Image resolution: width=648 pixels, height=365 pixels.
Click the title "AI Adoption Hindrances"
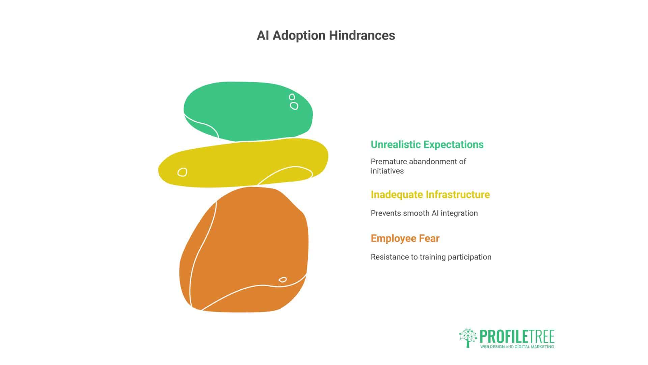(x=326, y=35)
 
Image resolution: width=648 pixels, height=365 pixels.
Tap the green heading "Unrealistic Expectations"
(x=427, y=145)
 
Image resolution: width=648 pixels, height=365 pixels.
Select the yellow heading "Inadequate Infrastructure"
(x=430, y=195)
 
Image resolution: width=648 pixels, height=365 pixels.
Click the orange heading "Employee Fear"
(x=405, y=239)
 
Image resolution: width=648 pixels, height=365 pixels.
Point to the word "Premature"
(x=387, y=162)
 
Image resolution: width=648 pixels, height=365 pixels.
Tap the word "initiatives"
(x=387, y=171)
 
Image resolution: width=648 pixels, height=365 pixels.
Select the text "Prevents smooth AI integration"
(x=424, y=213)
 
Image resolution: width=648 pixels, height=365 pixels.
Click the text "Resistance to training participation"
(x=431, y=257)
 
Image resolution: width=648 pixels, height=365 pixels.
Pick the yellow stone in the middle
(x=243, y=163)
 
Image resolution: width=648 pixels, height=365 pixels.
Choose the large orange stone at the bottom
(x=244, y=249)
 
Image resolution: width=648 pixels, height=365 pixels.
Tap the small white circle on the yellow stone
(x=182, y=172)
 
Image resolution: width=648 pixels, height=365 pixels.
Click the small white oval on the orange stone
(x=283, y=279)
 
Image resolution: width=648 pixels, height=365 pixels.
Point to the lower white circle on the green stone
(x=294, y=106)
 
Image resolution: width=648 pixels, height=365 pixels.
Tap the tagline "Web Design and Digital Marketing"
(x=517, y=347)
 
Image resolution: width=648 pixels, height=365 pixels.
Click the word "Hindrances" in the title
(x=362, y=35)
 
